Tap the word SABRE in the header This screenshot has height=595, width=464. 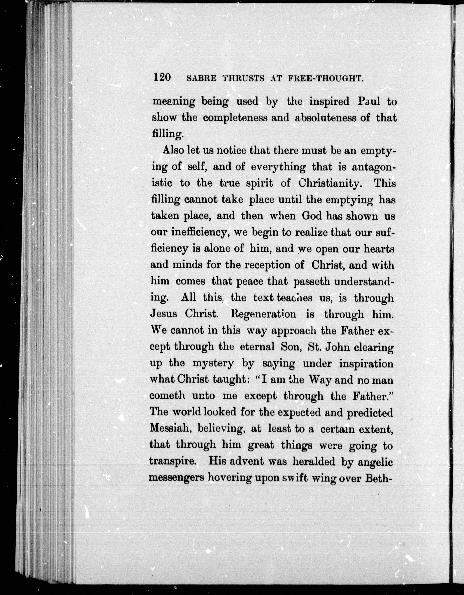[201, 79]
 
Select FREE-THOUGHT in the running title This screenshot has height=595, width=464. [326, 79]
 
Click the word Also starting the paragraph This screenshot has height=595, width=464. [173, 150]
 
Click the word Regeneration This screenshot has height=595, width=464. [259, 314]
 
